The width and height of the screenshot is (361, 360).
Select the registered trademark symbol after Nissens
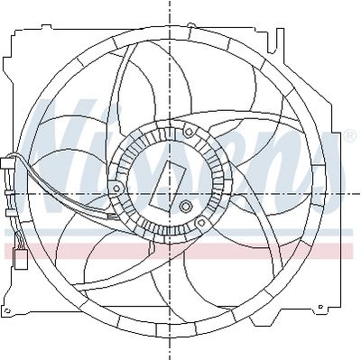click(x=348, y=135)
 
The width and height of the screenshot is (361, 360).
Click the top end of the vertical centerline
click(x=170, y=4)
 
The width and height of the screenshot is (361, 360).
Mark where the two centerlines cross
click(x=170, y=193)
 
